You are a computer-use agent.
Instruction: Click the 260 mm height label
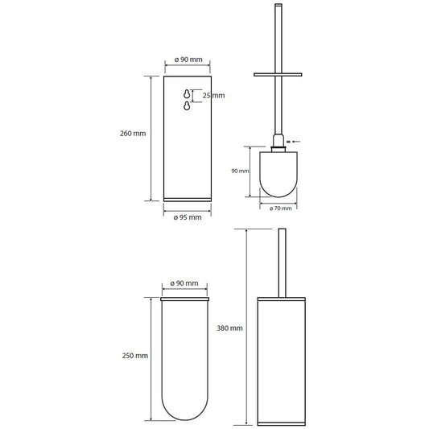pyautogui.click(x=133, y=134)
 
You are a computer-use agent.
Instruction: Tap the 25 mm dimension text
pyautogui.click(x=213, y=96)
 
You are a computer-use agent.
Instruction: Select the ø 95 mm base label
pyautogui.click(x=188, y=217)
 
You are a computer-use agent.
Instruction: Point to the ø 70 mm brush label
pyautogui.click(x=280, y=208)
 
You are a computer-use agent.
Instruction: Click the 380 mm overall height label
pyautogui.click(x=229, y=328)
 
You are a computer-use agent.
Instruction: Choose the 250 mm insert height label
pyautogui.click(x=135, y=356)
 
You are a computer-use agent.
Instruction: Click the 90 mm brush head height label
pyautogui.click(x=240, y=171)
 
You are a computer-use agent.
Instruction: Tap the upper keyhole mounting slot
pyautogui.click(x=187, y=94)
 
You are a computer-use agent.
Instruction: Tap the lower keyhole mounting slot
pyautogui.click(x=187, y=105)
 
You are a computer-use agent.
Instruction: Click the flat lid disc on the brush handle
pyautogui.click(x=278, y=74)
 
